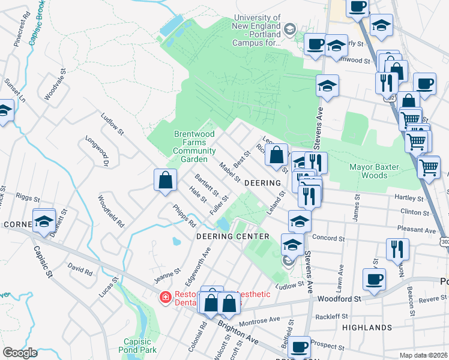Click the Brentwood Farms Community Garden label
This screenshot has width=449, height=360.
click(x=190, y=147)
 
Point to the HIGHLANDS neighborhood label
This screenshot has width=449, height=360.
click(x=366, y=328)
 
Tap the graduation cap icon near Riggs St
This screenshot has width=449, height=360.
click(x=44, y=221)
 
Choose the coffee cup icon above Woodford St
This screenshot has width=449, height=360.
click(x=375, y=279)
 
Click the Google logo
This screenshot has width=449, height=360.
click(x=20, y=353)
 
